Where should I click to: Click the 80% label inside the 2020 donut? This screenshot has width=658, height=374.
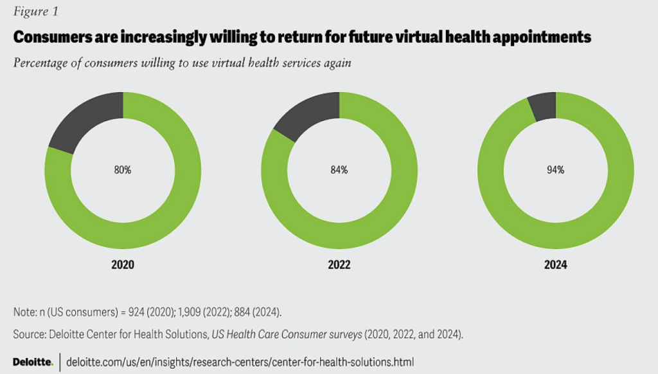point(123,171)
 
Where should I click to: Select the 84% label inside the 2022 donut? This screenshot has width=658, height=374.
point(339,171)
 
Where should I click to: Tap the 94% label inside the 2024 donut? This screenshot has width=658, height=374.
point(556,171)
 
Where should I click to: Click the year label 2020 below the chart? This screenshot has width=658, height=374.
point(123,265)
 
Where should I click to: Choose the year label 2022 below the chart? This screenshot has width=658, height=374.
point(339,265)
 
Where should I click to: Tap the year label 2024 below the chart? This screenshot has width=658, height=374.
point(556,265)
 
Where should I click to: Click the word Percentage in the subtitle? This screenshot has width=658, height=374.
point(40,63)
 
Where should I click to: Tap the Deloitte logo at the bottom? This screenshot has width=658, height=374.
point(33,362)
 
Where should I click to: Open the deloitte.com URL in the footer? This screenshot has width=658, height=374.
point(244,362)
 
